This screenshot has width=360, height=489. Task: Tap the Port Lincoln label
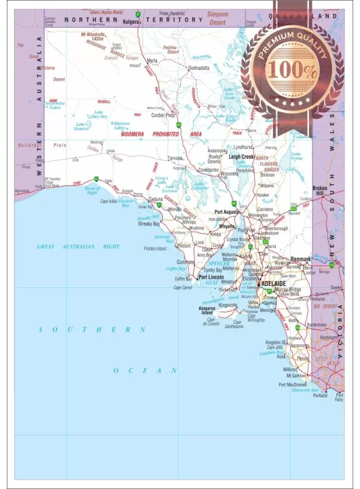pyautogui.click(x=212, y=277)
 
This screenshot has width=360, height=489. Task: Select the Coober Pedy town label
pyautogui.click(x=163, y=115)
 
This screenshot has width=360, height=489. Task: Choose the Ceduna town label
pyautogui.click(x=156, y=199)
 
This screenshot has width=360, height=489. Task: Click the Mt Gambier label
pyautogui.click(x=295, y=375)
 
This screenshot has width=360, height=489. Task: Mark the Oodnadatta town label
pyautogui.click(x=199, y=68)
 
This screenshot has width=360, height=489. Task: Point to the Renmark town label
pyautogui.click(x=300, y=259)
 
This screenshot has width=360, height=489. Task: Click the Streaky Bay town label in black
pyautogui.click(x=149, y=223)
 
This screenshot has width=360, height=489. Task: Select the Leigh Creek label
pyautogui.click(x=242, y=156)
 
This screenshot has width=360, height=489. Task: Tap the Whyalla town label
pyautogui.click(x=226, y=226)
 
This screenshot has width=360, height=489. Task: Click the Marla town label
pyautogui.click(x=152, y=60)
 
